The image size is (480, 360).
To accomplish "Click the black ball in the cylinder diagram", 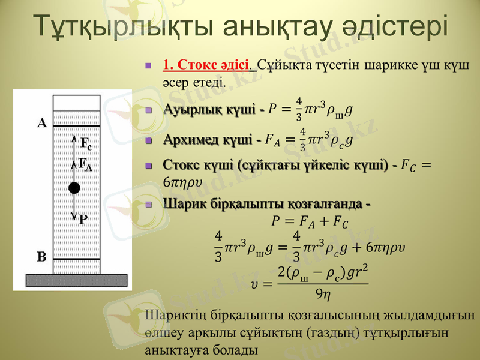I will point(74,188).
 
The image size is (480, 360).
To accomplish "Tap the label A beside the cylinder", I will point(42,124).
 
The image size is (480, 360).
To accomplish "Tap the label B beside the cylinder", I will point(42,257).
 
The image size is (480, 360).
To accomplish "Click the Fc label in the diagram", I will point(86,143).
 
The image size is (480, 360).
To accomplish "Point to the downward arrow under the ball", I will point(74,208).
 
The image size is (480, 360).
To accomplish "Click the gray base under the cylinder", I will point(76,280).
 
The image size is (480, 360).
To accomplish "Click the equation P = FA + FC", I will point(308,221).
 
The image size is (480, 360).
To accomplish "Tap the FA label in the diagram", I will point(86,163).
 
